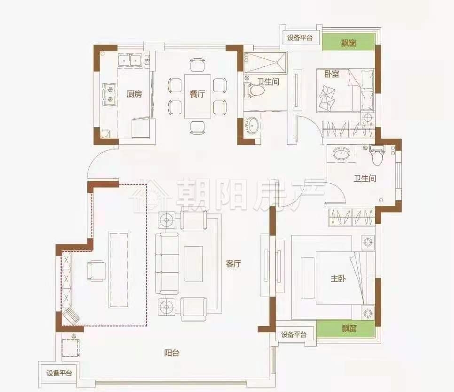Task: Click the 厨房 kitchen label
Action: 134,94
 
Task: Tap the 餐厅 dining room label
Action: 197,94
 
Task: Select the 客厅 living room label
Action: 233,264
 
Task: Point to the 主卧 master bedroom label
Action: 338,279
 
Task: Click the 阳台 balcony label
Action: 172,353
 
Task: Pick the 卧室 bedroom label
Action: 332,74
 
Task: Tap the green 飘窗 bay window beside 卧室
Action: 348,43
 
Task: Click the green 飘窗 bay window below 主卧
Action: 345,329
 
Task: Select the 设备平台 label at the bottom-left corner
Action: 59,373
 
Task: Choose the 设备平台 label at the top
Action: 300,38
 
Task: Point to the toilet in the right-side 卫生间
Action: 377,155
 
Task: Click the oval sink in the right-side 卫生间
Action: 340,153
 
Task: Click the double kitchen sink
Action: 130,60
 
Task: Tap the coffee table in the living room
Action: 194,264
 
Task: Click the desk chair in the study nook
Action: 96,270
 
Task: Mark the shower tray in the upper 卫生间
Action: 265,62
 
